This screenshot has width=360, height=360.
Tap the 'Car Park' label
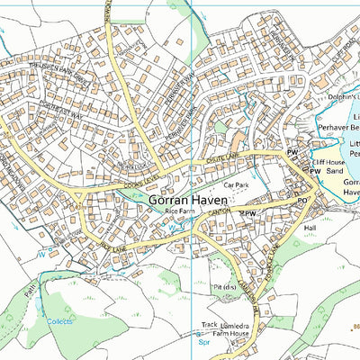(236, 184)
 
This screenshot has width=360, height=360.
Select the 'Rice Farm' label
(180, 211)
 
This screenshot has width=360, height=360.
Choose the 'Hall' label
(310, 229)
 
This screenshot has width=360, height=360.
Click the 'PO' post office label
(302, 201)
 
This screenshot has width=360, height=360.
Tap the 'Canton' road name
(222, 209)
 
